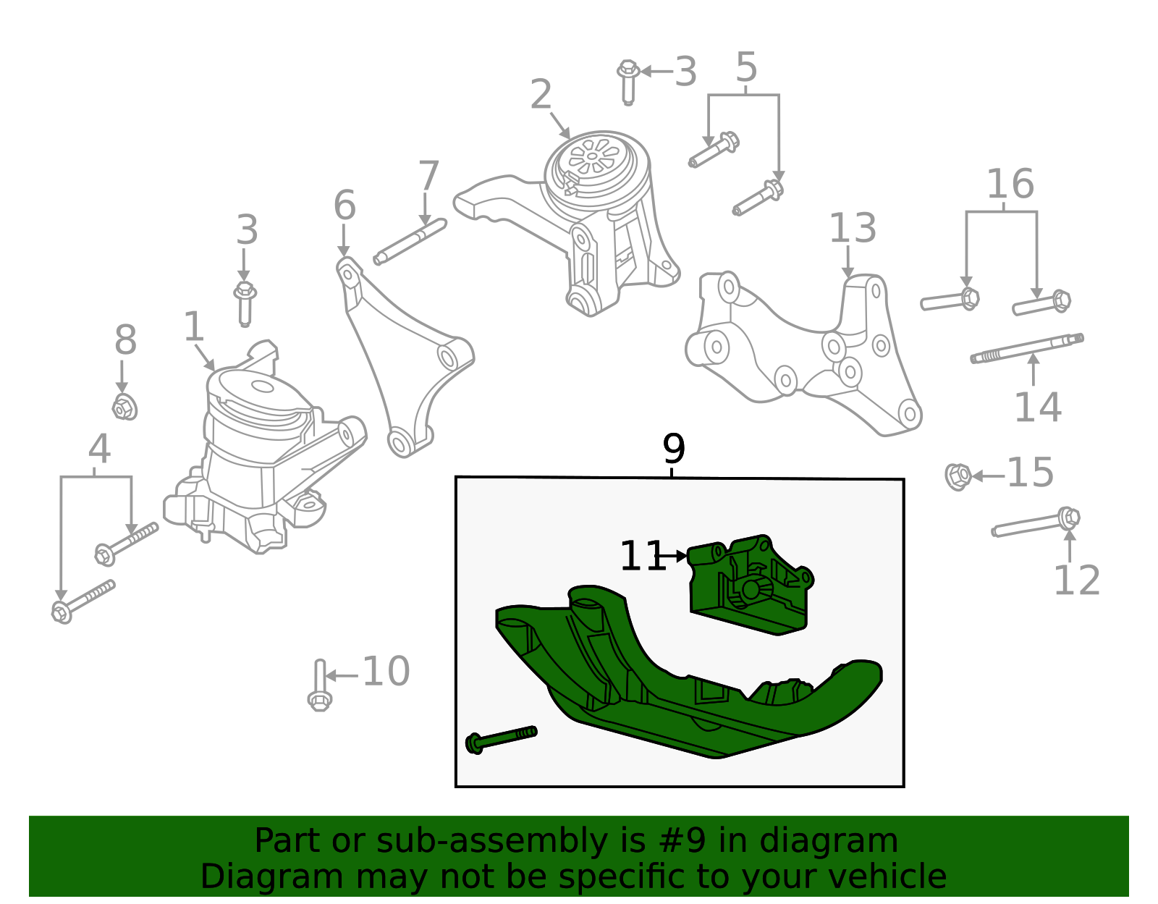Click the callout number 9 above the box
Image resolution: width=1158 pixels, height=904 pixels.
pos(673,449)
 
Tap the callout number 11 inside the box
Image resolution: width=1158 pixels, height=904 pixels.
pos(642,557)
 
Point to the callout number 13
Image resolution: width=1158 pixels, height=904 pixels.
pos(852,228)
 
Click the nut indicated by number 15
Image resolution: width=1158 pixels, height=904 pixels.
pos(958,476)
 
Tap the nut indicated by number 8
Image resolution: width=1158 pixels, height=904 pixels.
pos(124,407)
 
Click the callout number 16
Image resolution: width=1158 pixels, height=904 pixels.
pos(1010,184)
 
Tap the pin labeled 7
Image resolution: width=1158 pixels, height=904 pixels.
pos(410,242)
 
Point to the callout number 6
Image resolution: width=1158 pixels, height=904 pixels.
pos(345,205)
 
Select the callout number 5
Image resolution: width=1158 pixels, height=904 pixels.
pos(746,67)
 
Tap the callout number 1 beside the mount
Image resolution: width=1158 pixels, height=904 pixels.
pos(193,326)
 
